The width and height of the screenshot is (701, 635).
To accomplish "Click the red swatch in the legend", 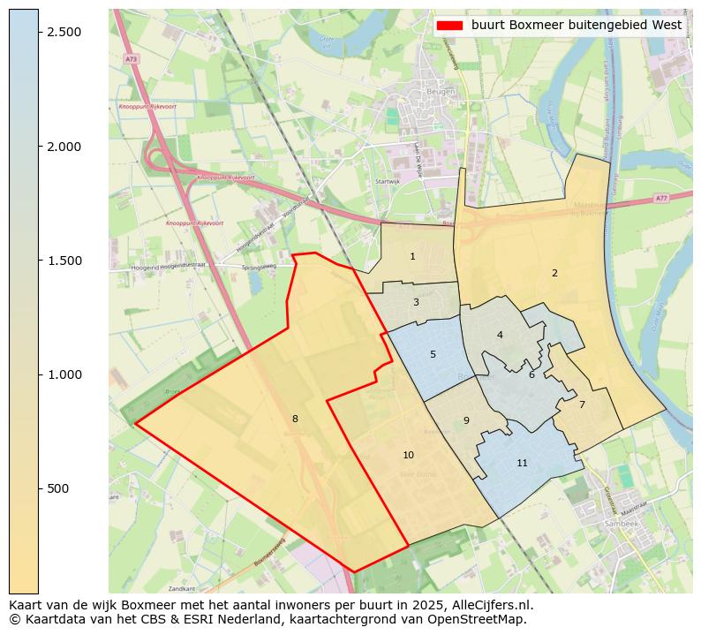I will pyautogui.click(x=449, y=25).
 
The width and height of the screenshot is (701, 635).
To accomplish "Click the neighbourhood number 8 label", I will pyautogui.click(x=295, y=419).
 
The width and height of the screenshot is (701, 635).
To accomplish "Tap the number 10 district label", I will pyautogui.click(x=408, y=455).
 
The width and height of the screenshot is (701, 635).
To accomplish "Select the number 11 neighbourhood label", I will pyautogui.click(x=522, y=463).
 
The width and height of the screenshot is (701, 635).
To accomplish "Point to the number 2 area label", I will pyautogui.click(x=554, y=273).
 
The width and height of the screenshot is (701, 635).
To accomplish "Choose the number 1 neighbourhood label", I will pyautogui.click(x=412, y=256).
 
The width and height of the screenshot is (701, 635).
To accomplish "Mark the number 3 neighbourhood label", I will pyautogui.click(x=416, y=302).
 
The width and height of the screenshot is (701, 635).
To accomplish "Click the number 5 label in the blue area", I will pyautogui.click(x=433, y=354).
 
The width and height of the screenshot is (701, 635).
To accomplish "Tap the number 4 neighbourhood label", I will pyautogui.click(x=500, y=335).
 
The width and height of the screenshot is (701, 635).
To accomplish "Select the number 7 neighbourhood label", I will pyautogui.click(x=582, y=404).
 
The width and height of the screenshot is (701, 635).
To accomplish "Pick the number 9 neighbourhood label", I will pyautogui.click(x=466, y=420).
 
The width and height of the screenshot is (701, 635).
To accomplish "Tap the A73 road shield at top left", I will pyautogui.click(x=131, y=59).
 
